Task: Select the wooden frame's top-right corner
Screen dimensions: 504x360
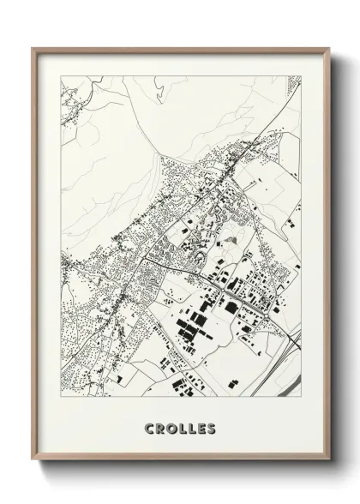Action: (328, 48)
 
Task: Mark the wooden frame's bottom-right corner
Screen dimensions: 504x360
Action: (328, 469)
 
